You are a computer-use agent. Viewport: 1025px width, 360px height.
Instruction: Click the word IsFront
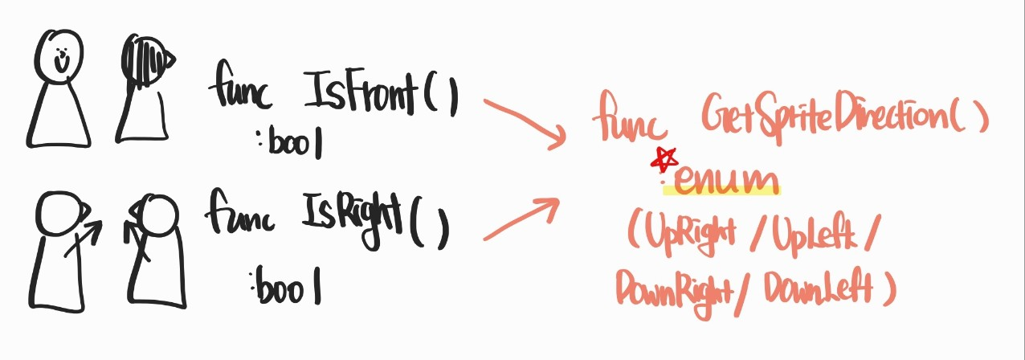[361, 96]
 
